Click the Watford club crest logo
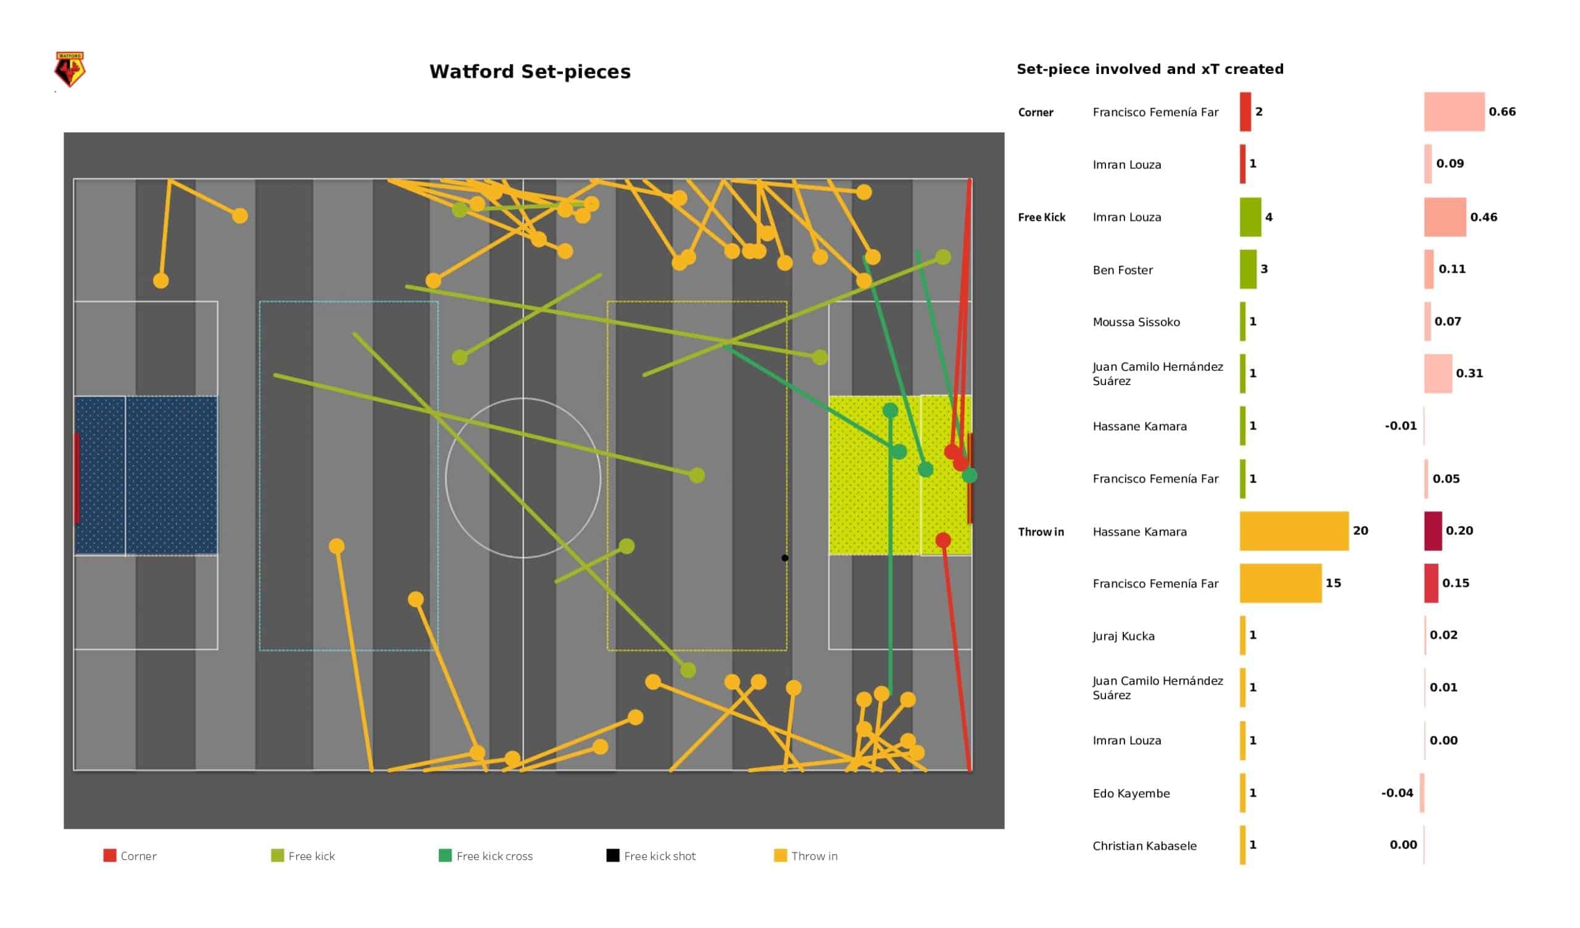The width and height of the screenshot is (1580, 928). click(x=70, y=69)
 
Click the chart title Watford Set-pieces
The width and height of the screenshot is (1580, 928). click(x=530, y=72)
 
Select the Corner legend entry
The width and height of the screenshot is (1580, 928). click(x=130, y=856)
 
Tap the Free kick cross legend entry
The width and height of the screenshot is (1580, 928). click(x=486, y=856)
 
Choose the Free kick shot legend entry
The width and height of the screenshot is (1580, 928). click(x=651, y=856)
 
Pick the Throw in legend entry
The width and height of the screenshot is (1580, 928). click(x=806, y=856)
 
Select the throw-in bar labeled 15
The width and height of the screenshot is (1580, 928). click(x=1281, y=583)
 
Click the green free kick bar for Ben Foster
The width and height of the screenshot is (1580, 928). click(x=1249, y=270)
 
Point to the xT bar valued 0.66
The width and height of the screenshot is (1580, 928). click(x=1455, y=112)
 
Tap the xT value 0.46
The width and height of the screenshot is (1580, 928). click(x=1484, y=217)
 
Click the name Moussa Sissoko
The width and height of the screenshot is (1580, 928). click(x=1136, y=322)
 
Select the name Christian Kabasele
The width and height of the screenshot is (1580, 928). click(x=1145, y=846)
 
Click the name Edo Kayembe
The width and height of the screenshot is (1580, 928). click(x=1131, y=794)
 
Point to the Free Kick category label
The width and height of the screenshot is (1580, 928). click(x=1042, y=218)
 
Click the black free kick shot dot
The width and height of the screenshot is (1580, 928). click(x=785, y=558)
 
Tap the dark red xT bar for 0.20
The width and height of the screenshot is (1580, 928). click(x=1433, y=531)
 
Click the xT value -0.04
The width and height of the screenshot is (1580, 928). click(x=1397, y=793)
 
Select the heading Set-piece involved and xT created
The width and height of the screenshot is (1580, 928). click(x=1150, y=69)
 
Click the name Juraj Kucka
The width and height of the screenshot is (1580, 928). click(x=1123, y=636)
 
